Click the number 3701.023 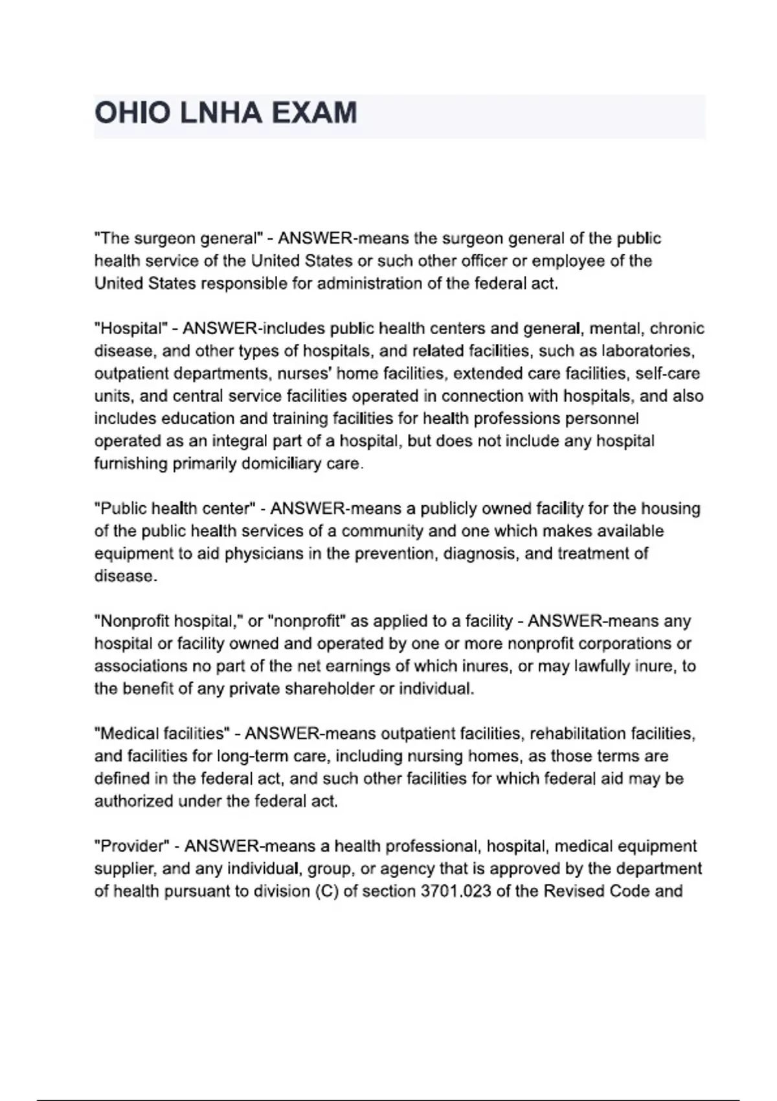pos(451,891)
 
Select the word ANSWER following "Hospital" pos(220,328)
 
